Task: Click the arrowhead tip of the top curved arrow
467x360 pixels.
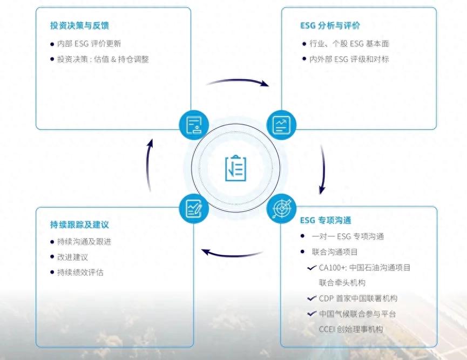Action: pos(269,86)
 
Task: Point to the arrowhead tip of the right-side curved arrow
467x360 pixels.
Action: pos(321,194)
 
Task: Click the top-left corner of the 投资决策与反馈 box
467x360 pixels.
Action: pos(36,8)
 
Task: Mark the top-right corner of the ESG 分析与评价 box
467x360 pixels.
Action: pos(437,8)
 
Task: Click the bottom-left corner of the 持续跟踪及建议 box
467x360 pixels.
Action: pos(36,347)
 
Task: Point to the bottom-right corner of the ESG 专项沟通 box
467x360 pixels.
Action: pos(437,347)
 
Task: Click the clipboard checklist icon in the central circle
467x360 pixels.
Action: pos(235,168)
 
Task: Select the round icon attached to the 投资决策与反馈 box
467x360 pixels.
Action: pos(194,125)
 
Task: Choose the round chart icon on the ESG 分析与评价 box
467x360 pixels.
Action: pos(281,125)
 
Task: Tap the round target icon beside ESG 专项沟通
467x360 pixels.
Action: pos(281,209)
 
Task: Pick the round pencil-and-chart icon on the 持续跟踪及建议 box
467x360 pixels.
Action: pos(194,208)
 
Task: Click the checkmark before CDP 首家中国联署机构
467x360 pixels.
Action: pos(312,298)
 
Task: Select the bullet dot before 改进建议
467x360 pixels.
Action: pos(52,257)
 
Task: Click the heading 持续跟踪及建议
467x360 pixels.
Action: pos(79,225)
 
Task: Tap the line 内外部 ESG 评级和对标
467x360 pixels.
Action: pos(349,59)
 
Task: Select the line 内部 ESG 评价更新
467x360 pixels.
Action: pos(89,44)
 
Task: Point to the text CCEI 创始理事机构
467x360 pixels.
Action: pos(351,329)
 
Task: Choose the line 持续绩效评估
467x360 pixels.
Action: pos(80,272)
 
